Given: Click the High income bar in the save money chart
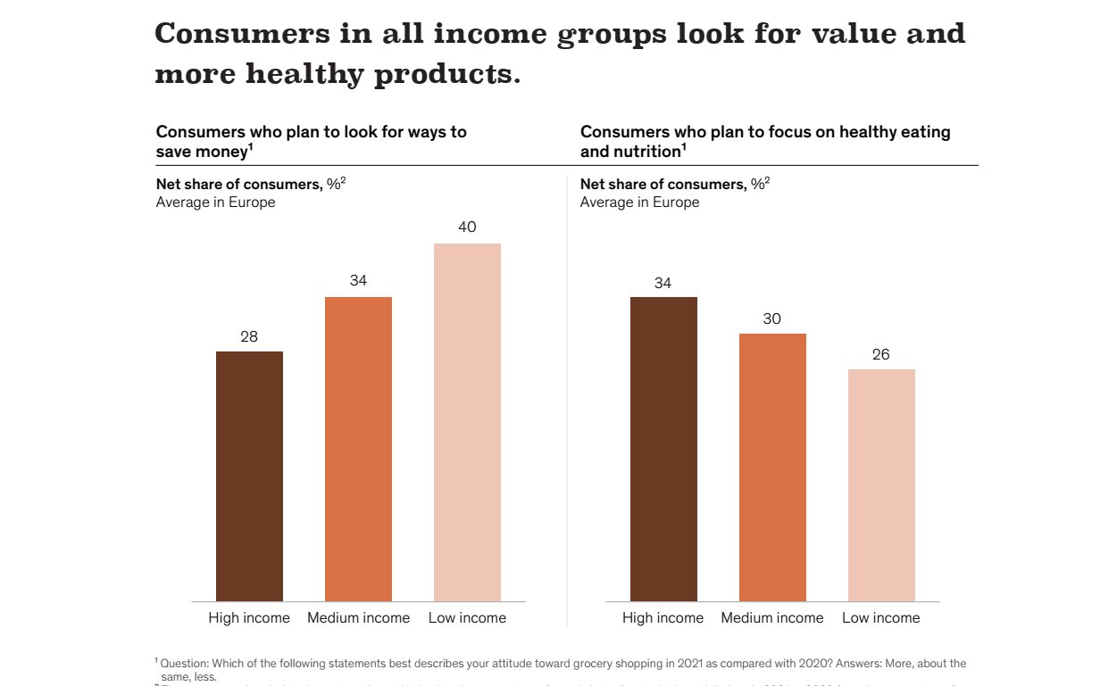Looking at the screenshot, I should (x=249, y=476).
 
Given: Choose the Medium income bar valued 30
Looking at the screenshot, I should (x=772, y=467).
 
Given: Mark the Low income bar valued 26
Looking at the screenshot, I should (x=881, y=485).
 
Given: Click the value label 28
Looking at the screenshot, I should (x=249, y=337).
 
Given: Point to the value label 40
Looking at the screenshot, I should (x=467, y=227).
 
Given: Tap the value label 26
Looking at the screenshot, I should (x=881, y=355).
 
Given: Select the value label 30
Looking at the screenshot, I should (x=772, y=319).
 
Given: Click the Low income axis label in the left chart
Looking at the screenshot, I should (x=467, y=618).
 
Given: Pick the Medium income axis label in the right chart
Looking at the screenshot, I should (x=772, y=618).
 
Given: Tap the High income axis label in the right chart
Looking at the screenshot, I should (x=663, y=618).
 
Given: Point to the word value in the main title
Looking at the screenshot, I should (x=851, y=34).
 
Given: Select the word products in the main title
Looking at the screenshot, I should (x=446, y=75).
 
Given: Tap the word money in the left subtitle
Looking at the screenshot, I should (x=223, y=152).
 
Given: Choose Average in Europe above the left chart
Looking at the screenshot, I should (x=215, y=202).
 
